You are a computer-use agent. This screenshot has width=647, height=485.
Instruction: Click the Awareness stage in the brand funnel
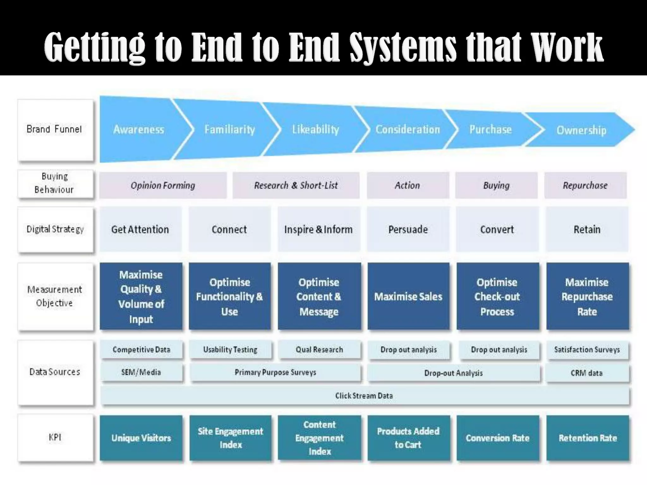tap(139, 129)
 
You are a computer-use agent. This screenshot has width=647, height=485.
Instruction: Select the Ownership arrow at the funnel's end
tap(581, 130)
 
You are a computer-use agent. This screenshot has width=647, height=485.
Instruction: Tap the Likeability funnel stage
tap(315, 129)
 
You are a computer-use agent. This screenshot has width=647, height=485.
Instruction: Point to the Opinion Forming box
tap(163, 185)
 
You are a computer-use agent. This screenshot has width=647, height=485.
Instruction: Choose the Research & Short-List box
tap(296, 185)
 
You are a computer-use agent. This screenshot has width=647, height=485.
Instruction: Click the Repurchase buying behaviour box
tap(585, 185)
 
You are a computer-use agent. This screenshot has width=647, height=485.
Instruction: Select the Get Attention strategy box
tap(140, 229)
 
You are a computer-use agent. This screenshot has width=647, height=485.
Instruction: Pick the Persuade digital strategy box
tap(408, 229)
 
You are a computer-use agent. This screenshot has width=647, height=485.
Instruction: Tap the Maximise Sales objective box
tap(408, 296)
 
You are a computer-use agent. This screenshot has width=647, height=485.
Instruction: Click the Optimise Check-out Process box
tap(497, 296)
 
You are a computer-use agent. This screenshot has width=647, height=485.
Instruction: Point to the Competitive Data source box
tap(142, 350)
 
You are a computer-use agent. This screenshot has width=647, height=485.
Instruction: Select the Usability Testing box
tap(230, 350)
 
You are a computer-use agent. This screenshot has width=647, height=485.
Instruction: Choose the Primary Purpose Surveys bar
tap(275, 373)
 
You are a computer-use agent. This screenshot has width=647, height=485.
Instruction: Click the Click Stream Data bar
tap(364, 396)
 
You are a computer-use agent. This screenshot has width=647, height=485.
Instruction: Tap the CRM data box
tap(587, 373)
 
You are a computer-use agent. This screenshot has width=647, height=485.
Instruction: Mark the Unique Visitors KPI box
tap(141, 438)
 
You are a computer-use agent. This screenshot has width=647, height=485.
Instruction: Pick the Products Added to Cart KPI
tap(408, 438)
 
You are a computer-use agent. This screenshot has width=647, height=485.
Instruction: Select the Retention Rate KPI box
tap(588, 438)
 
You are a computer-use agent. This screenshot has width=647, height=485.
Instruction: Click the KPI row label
tap(55, 438)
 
